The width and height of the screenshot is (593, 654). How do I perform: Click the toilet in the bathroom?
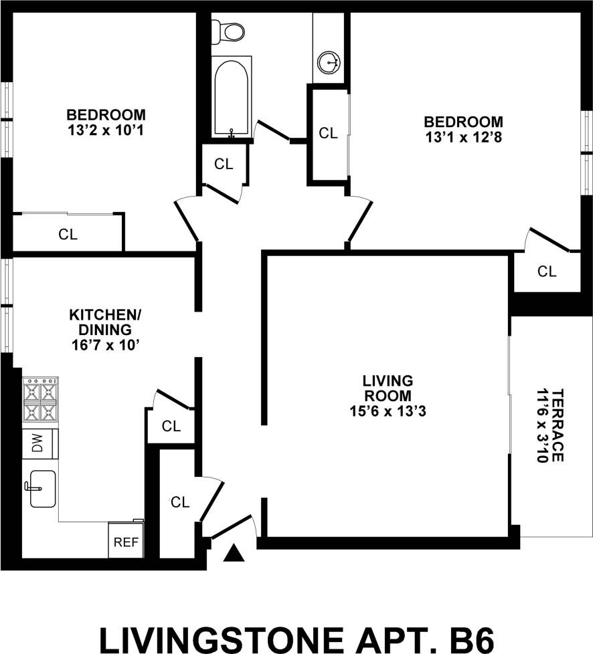click(x=228, y=30)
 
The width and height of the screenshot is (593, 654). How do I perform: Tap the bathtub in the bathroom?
click(x=231, y=97)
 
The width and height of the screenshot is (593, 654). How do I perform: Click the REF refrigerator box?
click(x=126, y=542)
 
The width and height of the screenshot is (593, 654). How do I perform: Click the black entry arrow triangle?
click(x=234, y=553)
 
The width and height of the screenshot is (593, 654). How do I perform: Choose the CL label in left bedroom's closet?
click(x=68, y=235)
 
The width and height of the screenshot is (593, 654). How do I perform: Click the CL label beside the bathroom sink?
click(x=328, y=133)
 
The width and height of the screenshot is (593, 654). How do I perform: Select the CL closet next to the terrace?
click(x=547, y=271)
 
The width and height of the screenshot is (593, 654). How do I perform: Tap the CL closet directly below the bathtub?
click(x=224, y=164)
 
